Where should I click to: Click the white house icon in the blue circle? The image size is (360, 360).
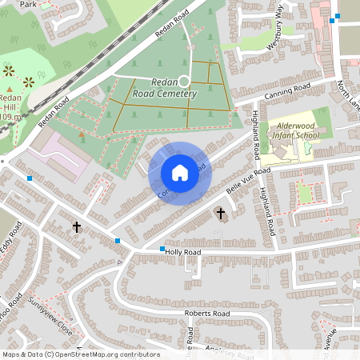click(180, 173)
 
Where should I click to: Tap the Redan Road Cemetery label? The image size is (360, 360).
click(174, 88)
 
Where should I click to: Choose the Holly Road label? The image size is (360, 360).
click(184, 251)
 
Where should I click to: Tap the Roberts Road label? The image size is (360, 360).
click(206, 314)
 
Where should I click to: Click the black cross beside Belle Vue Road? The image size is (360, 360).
click(221, 214)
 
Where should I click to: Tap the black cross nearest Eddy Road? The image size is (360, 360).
click(77, 227)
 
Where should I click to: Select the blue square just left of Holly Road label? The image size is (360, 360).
click(162, 250)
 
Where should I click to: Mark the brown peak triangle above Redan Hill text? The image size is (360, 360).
click(10, 90)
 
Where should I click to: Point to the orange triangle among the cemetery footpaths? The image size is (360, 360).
click(82, 134)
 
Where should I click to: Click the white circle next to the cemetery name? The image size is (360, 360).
click(183, 81)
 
